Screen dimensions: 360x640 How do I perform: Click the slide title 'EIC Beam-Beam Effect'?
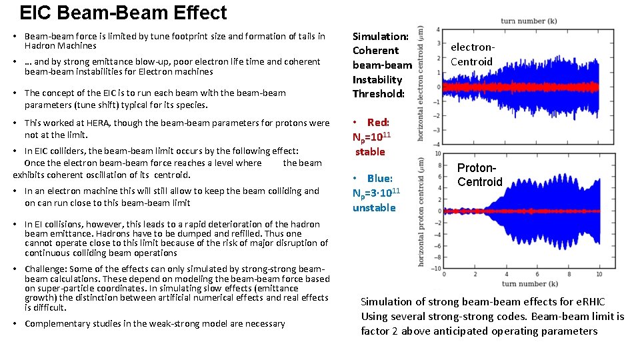pyautogui.click(x=123, y=13)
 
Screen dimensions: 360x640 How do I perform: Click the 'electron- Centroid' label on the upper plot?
pyautogui.click(x=471, y=55)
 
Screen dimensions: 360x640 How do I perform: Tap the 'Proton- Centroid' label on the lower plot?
pyautogui.click(x=479, y=175)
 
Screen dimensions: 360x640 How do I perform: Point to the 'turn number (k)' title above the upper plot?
pyautogui.click(x=529, y=21)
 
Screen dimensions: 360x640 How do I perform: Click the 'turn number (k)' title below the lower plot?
pyautogui.click(x=529, y=283)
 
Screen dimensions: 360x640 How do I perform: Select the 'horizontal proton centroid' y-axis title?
pyautogui.click(x=421, y=212)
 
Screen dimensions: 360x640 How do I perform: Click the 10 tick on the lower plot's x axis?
pyautogui.click(x=599, y=274)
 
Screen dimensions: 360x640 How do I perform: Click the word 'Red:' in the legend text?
pyautogui.click(x=378, y=123)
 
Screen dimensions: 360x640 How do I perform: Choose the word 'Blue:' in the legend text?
pyautogui.click(x=379, y=179)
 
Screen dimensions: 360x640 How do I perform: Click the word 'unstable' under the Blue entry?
pyautogui.click(x=374, y=208)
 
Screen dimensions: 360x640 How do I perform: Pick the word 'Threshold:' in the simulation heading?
pyautogui.click(x=378, y=94)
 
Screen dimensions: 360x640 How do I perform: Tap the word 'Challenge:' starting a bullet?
pyautogui.click(x=45, y=269)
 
